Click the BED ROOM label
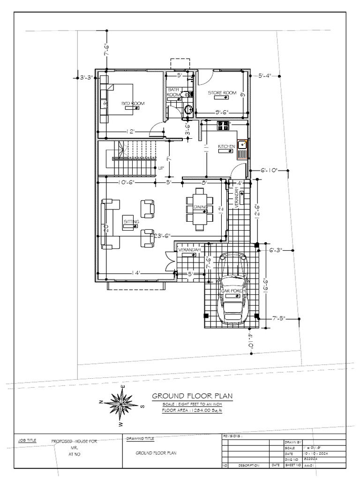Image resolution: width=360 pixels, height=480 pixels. click(133, 103)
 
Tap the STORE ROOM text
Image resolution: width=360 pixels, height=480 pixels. click(222, 93)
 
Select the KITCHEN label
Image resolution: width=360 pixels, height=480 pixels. click(226, 147)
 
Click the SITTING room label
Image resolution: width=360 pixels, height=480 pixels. click(131, 221)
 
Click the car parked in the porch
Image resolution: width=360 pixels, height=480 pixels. click(233, 288)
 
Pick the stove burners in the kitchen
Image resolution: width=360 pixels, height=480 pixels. click(223, 125)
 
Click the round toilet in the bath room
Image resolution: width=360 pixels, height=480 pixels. click(188, 110)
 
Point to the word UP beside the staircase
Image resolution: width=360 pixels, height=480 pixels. click(161, 167)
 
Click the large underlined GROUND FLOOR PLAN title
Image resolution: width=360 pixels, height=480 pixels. click(192, 396)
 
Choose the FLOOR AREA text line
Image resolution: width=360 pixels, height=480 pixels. click(191, 410)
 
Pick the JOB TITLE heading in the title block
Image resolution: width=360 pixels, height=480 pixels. click(27, 441)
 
